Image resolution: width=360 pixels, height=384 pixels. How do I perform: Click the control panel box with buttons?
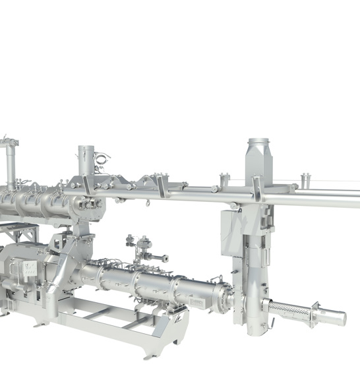(28, 267)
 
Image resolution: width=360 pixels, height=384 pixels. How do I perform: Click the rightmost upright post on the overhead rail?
(304, 181)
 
